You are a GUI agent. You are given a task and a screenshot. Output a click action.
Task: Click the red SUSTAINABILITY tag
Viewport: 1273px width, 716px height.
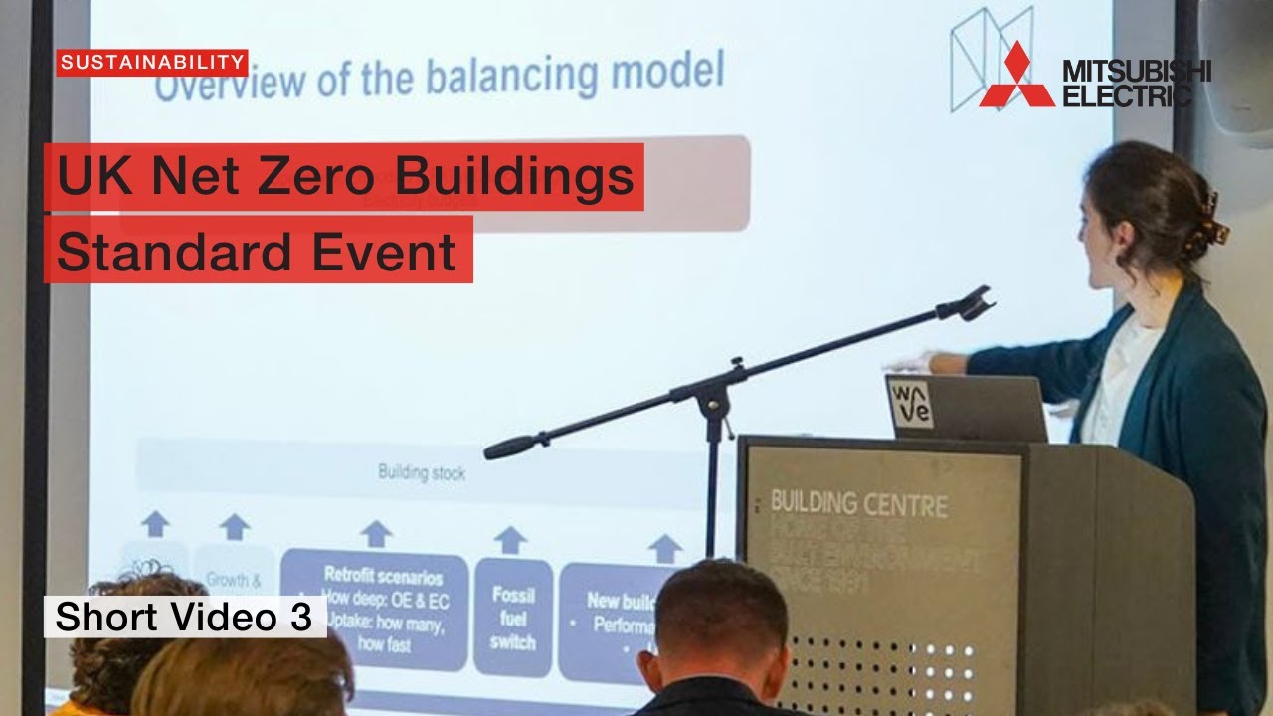(151, 63)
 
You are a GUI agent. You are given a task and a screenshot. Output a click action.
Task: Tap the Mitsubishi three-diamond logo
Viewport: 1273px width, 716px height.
(1015, 77)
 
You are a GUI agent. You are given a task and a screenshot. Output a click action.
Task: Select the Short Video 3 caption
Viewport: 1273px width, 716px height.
(184, 617)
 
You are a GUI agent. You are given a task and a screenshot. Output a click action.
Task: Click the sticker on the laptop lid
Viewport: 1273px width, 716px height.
(911, 404)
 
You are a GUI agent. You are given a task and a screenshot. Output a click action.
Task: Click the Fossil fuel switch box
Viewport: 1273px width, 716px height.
(512, 617)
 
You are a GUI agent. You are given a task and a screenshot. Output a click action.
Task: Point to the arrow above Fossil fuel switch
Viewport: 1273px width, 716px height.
(510, 540)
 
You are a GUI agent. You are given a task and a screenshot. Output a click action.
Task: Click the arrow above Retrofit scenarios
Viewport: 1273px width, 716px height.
(375, 533)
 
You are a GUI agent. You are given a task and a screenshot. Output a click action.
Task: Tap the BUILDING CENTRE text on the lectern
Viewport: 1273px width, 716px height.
(858, 503)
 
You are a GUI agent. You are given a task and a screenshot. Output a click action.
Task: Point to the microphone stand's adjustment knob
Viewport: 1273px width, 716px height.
(736, 365)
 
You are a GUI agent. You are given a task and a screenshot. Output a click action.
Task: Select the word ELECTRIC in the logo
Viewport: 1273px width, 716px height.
(1126, 96)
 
